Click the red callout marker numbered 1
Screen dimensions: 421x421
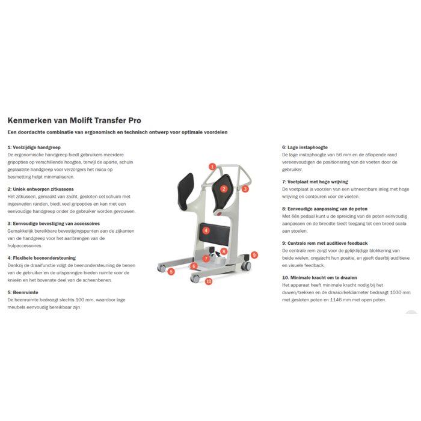(x=212, y=167)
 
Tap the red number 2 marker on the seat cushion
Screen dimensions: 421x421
(x=224, y=189)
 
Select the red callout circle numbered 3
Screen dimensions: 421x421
(x=245, y=189)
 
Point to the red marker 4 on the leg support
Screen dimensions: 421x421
(x=206, y=230)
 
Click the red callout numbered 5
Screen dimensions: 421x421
(x=171, y=272)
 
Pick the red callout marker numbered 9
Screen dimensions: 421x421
(x=254, y=255)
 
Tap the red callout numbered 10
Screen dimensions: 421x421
(x=209, y=281)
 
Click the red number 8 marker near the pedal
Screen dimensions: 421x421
(x=224, y=251)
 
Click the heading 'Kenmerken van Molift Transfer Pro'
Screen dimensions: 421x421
(x=75, y=120)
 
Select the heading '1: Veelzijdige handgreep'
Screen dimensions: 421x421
(x=34, y=147)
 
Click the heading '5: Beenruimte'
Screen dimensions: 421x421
(x=23, y=292)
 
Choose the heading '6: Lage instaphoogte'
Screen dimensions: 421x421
(x=305, y=147)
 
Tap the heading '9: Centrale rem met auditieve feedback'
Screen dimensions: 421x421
(x=325, y=243)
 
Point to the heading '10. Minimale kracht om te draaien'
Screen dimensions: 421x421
(x=319, y=278)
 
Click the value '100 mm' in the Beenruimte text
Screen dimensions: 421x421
(x=85, y=300)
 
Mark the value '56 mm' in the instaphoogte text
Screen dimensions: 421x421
(x=343, y=155)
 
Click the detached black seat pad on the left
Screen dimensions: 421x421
(x=185, y=191)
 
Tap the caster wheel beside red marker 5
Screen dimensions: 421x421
(x=162, y=268)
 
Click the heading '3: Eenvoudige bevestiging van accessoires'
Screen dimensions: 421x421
(x=54, y=224)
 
